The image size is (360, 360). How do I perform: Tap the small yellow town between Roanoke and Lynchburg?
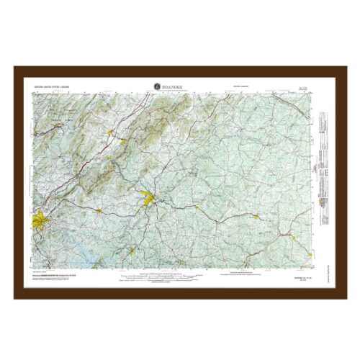98,210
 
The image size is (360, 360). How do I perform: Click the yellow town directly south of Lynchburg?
132,251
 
